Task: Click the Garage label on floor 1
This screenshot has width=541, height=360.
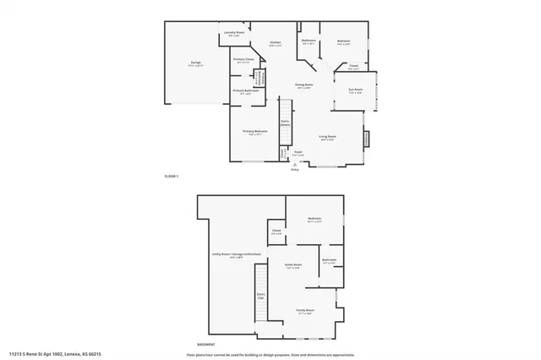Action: [195, 63]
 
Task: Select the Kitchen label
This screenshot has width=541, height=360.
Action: [275, 43]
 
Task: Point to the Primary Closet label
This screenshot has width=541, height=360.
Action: [243, 60]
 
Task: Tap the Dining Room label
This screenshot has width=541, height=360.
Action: [303, 85]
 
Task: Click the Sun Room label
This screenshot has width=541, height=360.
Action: [356, 90]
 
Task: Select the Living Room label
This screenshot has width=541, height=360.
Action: [327, 137]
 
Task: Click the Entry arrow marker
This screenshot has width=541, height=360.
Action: [295, 166]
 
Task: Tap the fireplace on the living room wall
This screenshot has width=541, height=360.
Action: [366, 138]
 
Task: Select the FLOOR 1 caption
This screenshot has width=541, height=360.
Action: [172, 176]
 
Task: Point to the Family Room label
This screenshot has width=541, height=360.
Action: [304, 311]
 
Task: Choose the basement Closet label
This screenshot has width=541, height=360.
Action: [276, 231]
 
